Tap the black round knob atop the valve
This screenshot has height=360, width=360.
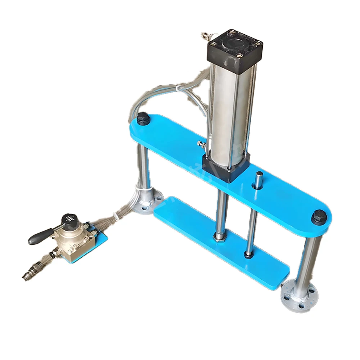pyautogui.click(x=68, y=218)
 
